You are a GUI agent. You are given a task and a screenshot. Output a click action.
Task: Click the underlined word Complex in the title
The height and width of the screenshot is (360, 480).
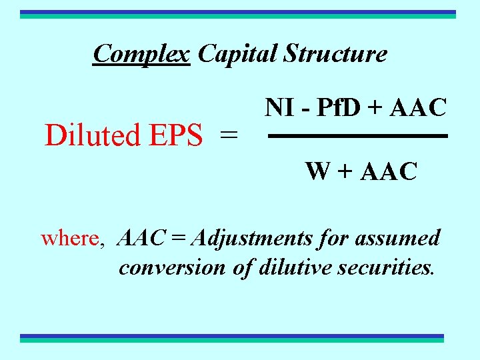[141, 53]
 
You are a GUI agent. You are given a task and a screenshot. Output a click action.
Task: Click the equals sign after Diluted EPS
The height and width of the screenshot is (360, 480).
[229, 135]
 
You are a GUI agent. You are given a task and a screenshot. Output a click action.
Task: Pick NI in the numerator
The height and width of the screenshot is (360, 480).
[279, 107]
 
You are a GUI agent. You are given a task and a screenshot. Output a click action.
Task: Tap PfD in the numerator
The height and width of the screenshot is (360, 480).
[333, 107]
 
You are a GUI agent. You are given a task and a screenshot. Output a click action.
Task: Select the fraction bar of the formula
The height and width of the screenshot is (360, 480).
[357, 136]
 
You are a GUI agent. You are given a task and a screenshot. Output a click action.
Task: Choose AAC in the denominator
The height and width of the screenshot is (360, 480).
[388, 171]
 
